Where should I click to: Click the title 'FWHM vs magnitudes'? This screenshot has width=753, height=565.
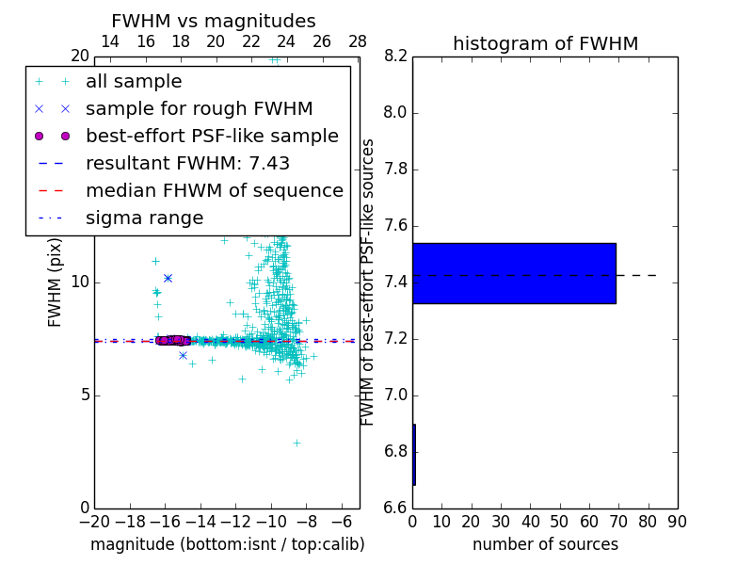tap(214, 21)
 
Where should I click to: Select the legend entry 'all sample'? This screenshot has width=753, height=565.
tap(134, 82)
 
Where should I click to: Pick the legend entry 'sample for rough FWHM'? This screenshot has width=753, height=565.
tap(200, 108)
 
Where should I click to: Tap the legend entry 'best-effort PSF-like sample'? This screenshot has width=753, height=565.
tap(212, 136)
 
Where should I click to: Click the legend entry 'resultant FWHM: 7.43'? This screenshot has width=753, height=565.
tap(187, 163)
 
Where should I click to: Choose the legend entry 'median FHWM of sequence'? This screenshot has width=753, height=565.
tap(215, 190)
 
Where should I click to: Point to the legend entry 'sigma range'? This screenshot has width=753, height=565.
tap(144, 218)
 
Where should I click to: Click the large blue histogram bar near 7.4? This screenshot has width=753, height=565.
tap(514, 273)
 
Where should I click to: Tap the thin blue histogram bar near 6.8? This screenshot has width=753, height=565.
tap(414, 454)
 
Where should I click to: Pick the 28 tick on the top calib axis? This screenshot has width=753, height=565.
tap(358, 41)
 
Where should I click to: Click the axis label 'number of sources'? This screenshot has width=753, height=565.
tap(545, 544)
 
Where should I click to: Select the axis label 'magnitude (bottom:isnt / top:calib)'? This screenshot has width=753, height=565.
tap(227, 544)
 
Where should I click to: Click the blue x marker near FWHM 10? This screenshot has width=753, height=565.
tap(168, 278)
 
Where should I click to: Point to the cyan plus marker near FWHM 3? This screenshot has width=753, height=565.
tap(296, 442)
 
